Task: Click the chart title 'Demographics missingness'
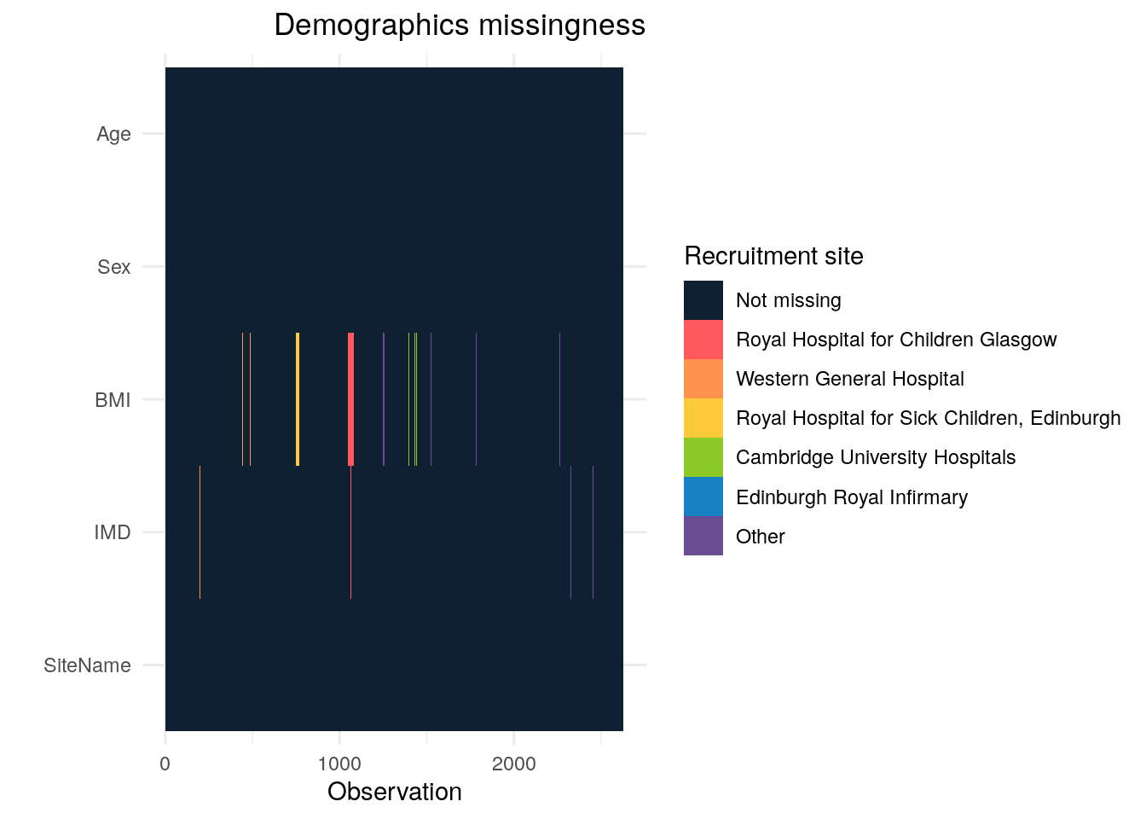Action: point(460,26)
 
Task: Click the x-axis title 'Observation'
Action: point(394,792)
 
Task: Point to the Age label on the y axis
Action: point(113,134)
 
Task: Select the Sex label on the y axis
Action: point(113,267)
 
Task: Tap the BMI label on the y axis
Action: point(113,400)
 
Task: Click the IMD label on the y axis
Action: point(113,533)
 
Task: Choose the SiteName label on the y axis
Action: point(87,665)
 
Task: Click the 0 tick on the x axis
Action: point(165,764)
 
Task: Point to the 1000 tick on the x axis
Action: point(339,764)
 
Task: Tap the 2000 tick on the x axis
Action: point(514,764)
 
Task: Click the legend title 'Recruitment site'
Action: point(773,256)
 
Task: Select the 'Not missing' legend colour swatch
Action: point(703,300)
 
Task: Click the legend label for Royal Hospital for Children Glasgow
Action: point(896,340)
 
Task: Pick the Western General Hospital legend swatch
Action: point(703,379)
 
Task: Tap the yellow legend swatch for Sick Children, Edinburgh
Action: point(703,418)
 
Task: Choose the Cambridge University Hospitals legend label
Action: point(876,457)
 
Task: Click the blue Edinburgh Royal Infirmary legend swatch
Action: point(703,497)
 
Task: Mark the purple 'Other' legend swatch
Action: point(703,536)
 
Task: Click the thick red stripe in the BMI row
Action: point(350,399)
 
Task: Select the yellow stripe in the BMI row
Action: point(298,399)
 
